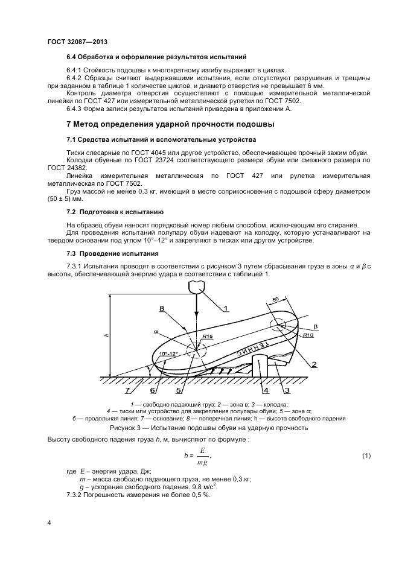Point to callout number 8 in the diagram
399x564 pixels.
(162, 308)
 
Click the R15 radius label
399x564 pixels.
(208, 336)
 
